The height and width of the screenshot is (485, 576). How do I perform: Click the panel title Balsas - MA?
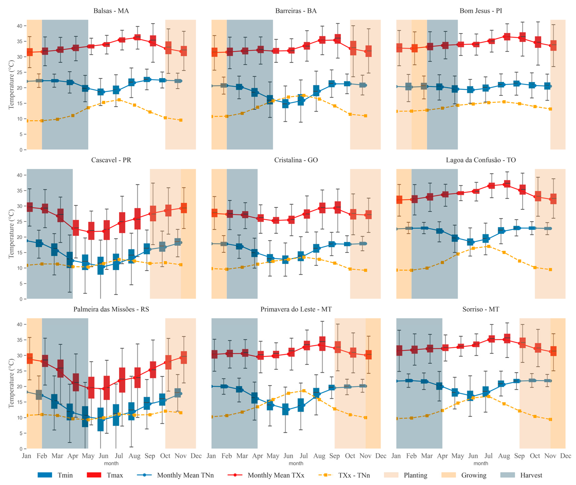coord(111,11)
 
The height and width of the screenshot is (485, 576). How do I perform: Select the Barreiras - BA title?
coord(296,11)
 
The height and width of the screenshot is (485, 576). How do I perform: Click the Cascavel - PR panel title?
coord(111,160)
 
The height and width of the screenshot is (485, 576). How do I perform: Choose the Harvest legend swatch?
coord(507,475)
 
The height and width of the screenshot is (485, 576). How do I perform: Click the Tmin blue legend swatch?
coord(45,475)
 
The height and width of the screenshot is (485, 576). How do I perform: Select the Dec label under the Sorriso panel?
coord(565,456)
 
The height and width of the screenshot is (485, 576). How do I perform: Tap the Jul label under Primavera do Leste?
coord(304,456)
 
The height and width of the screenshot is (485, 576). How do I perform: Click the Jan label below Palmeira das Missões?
coord(27,456)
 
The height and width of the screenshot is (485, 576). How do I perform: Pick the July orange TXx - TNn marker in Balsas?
coord(119,100)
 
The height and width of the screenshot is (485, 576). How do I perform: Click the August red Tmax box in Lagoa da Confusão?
coord(507,184)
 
